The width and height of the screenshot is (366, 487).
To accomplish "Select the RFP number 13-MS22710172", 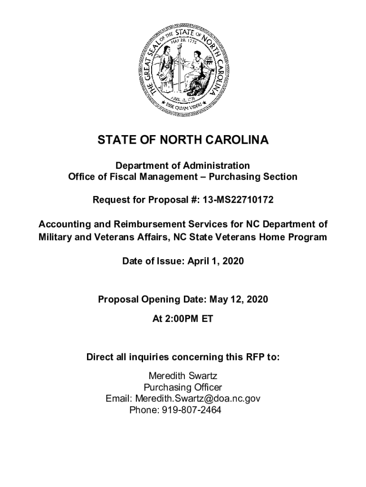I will (238, 200).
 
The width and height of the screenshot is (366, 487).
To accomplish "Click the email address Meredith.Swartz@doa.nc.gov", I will (198, 399).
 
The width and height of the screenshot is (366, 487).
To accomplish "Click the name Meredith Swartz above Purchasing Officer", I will (183, 376).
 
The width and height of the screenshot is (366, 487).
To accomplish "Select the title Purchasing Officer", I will (183, 387).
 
